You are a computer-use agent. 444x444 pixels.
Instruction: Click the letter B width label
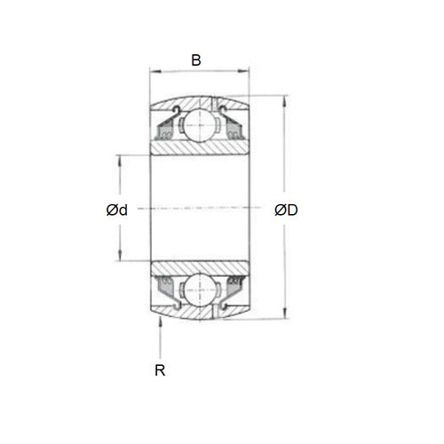[196, 60]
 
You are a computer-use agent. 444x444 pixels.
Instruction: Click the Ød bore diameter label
[116, 210]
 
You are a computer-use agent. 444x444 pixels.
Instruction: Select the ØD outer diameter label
[286, 210]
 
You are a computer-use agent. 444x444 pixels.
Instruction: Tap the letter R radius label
[160, 370]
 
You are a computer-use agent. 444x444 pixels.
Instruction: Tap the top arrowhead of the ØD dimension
[285, 99]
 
